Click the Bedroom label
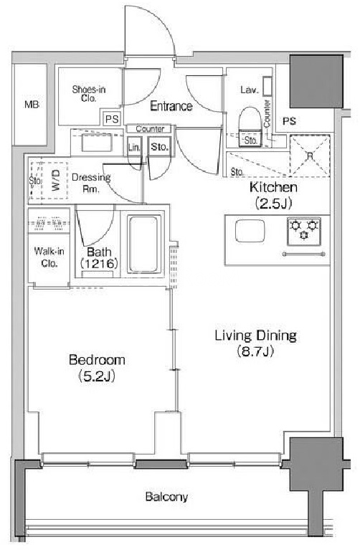click(x=97, y=360)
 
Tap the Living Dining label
click(x=256, y=336)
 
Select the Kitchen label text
click(x=273, y=187)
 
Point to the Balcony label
click(x=166, y=497)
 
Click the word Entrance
click(x=171, y=106)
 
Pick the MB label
click(x=32, y=105)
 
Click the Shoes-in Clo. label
click(x=89, y=94)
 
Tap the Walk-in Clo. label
click(x=49, y=257)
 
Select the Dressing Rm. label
click(x=91, y=183)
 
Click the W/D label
click(x=56, y=180)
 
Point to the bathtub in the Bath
click(x=143, y=244)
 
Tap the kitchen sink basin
click(x=250, y=231)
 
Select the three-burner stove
click(x=303, y=232)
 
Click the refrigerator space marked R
click(x=310, y=156)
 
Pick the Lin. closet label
click(x=134, y=147)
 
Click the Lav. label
click(x=250, y=90)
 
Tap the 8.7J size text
click(x=255, y=351)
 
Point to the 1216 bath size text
click(x=99, y=263)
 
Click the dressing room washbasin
click(x=97, y=143)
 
